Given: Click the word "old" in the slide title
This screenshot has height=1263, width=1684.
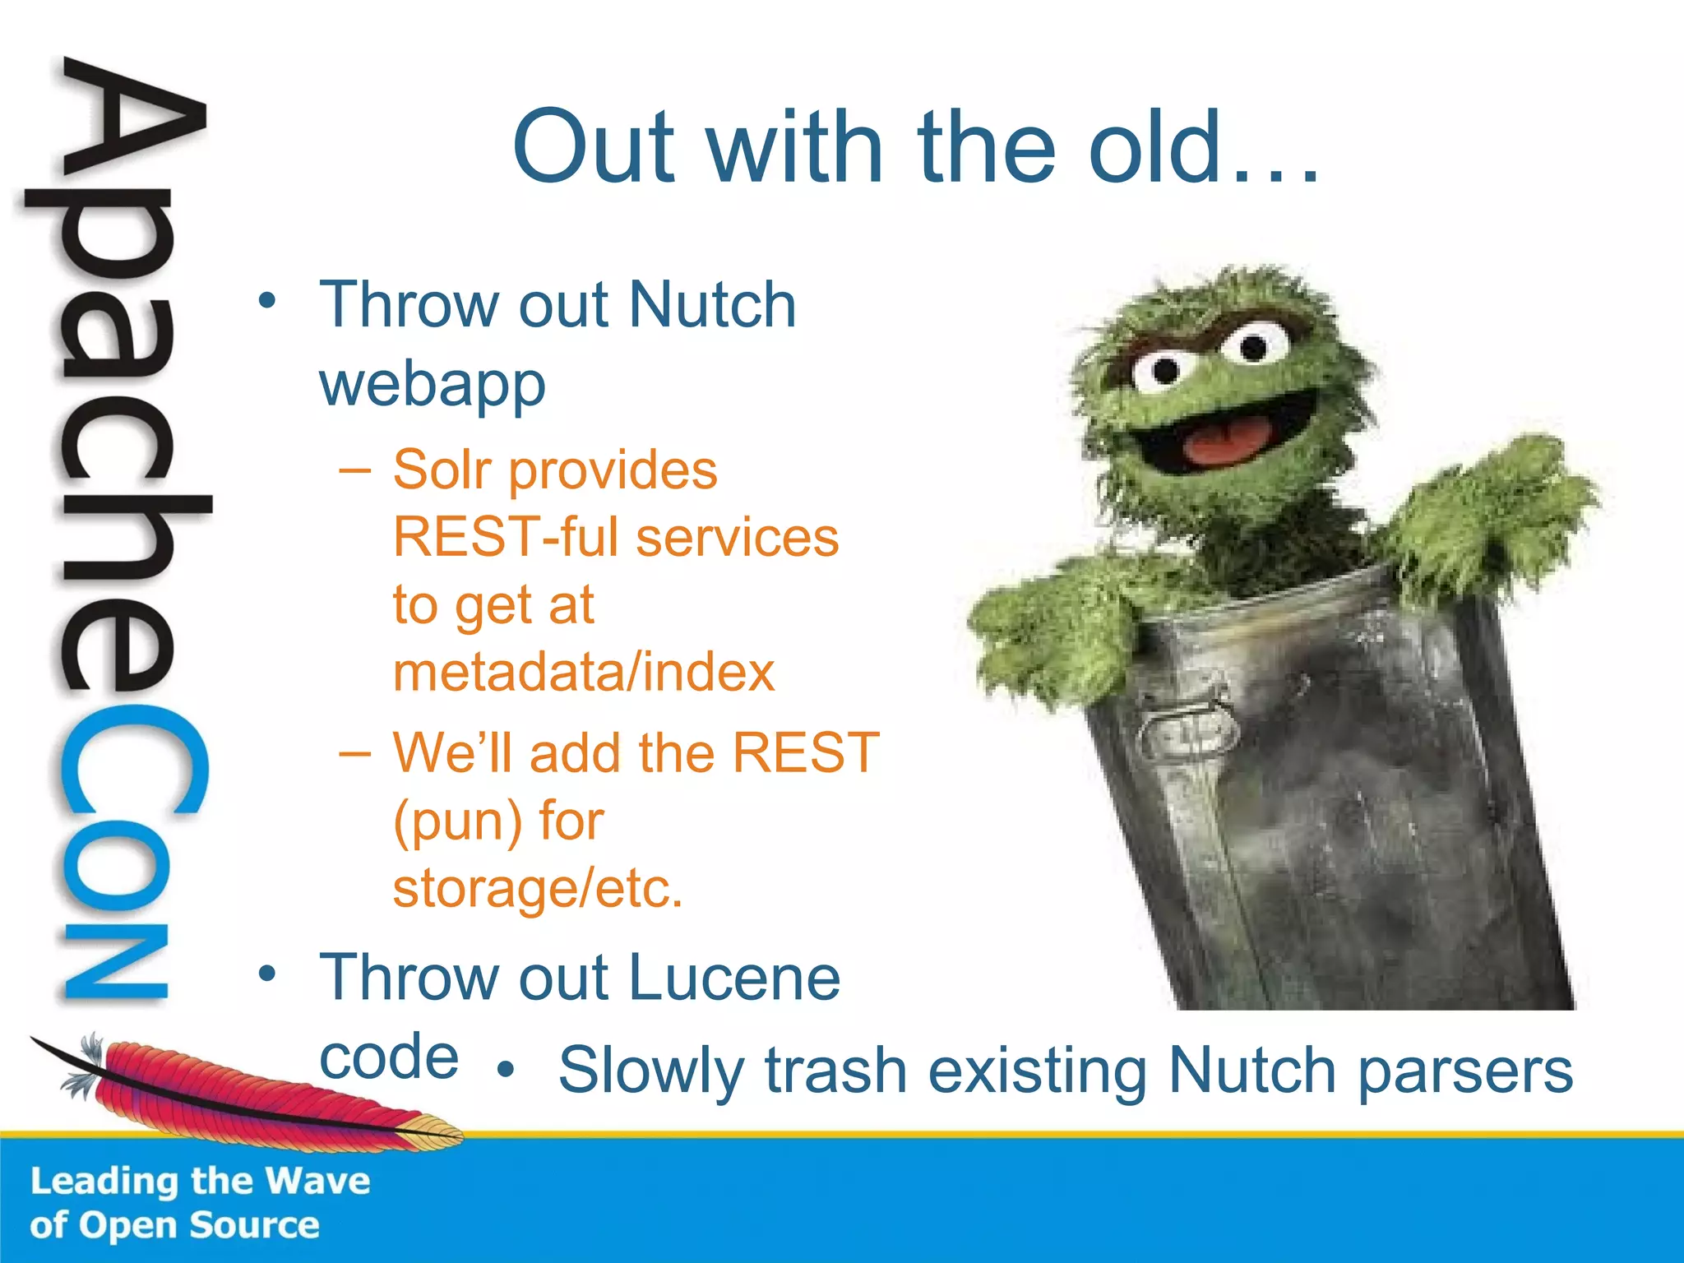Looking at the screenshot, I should point(1154,148).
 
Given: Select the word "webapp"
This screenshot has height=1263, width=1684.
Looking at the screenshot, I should point(433,385).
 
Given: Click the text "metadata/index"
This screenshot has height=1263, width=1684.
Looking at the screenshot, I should point(583,673).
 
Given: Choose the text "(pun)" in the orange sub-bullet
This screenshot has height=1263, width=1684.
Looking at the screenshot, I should point(457,822).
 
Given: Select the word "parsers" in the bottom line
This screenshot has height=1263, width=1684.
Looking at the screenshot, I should point(1464,1071).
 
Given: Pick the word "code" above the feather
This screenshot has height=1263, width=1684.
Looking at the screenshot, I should point(388,1057).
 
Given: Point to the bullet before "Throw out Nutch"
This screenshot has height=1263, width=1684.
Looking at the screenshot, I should point(266,301).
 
